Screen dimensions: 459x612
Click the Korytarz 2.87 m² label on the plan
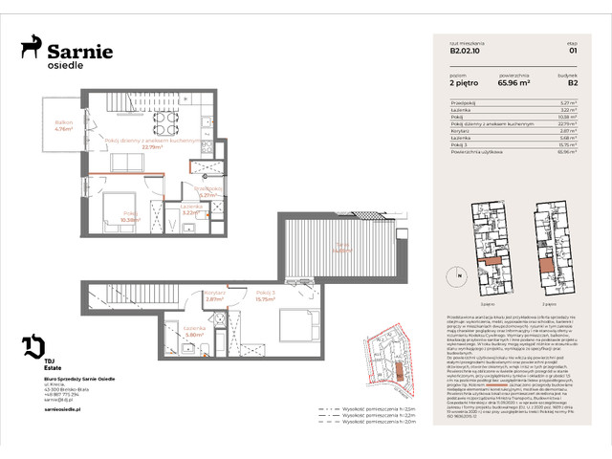coord(214,296)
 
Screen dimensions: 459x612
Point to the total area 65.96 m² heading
coord(516,81)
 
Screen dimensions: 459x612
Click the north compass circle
coord(459,277)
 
